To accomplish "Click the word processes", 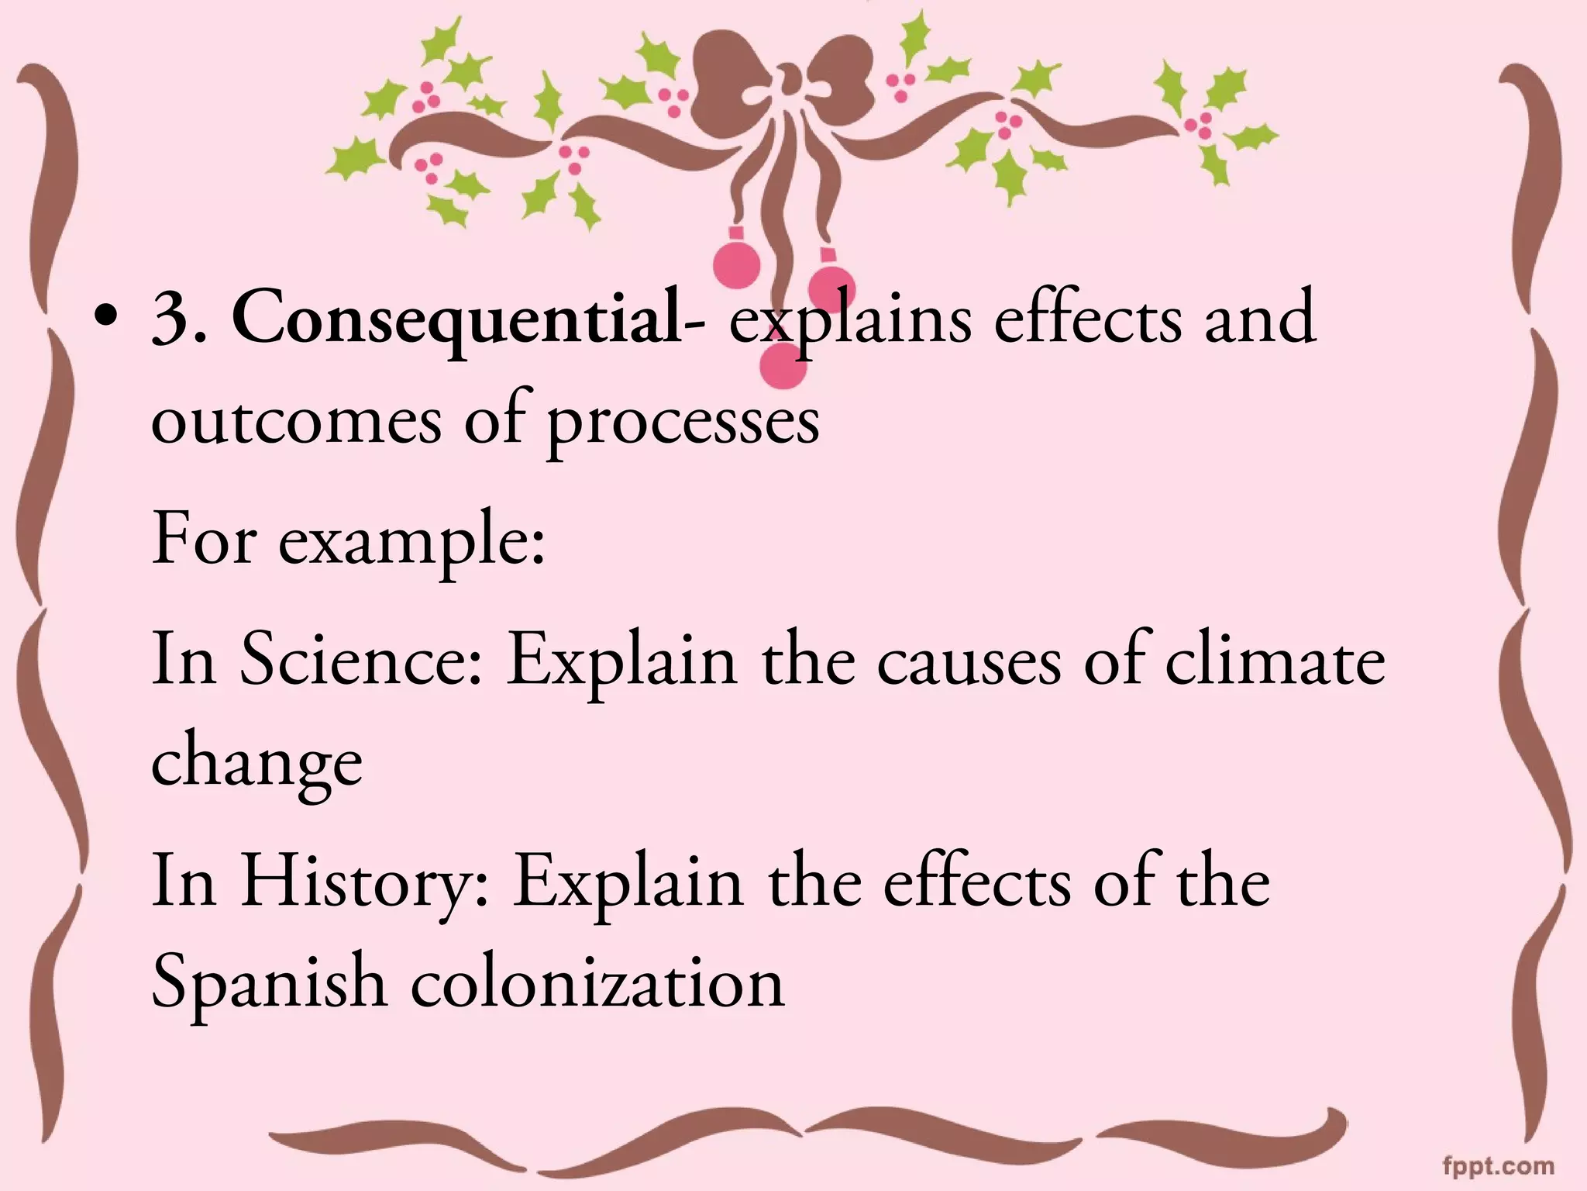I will point(683,424).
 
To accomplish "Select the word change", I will point(256,764).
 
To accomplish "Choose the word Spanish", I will point(268,984).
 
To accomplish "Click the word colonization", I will point(597,984).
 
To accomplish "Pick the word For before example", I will point(203,539).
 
